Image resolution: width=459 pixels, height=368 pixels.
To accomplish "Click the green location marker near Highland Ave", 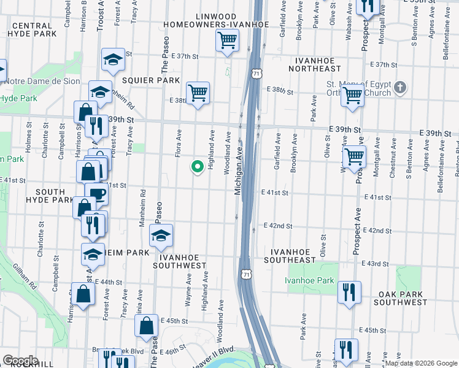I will (198, 166).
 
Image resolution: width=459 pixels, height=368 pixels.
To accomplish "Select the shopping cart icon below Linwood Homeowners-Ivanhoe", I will (227, 41).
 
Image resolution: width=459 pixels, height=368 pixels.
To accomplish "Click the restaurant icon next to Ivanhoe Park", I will (349, 291).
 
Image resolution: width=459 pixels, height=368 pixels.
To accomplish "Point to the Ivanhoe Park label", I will (309, 280).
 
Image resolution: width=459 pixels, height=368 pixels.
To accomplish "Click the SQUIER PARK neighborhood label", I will (151, 80).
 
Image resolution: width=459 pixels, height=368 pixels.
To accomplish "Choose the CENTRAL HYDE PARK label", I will (33, 31).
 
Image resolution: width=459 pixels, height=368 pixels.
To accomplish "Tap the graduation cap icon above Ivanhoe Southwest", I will (161, 235).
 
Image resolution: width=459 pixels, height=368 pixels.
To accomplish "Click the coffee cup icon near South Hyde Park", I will (97, 194).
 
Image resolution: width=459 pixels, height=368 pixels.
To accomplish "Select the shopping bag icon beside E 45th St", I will (147, 328).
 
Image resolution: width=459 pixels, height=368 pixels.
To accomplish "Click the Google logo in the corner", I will (21, 360).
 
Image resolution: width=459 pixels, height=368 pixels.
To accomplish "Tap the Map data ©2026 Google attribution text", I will (420, 363).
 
